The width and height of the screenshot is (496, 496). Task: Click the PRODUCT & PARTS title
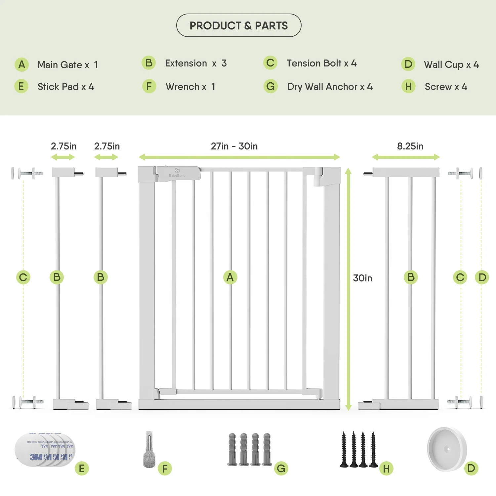[x=239, y=25]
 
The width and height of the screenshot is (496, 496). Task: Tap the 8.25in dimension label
[x=410, y=146]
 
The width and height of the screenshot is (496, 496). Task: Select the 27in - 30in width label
[x=234, y=146]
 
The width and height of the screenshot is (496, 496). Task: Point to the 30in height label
[x=362, y=278]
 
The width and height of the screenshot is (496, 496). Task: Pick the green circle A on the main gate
[x=230, y=277]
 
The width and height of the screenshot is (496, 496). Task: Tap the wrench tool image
[x=149, y=450]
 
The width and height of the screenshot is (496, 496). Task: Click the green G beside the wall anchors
[x=281, y=468]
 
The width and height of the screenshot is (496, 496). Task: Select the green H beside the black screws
[x=386, y=469]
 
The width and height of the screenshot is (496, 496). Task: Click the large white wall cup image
[x=447, y=449]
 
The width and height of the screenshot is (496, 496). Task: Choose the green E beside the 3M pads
[x=82, y=469]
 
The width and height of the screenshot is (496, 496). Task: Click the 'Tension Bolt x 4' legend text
[x=321, y=63]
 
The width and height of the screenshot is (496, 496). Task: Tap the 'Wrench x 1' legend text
[x=190, y=87]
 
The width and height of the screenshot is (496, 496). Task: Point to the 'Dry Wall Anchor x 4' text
[x=330, y=87]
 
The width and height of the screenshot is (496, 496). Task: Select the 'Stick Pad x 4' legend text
[x=66, y=87]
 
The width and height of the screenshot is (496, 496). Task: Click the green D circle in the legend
[x=408, y=64]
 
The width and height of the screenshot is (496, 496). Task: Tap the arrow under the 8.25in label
[x=406, y=157]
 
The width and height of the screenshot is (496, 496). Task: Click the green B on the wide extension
[x=411, y=277]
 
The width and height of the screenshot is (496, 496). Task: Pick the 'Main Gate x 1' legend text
[x=68, y=65]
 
